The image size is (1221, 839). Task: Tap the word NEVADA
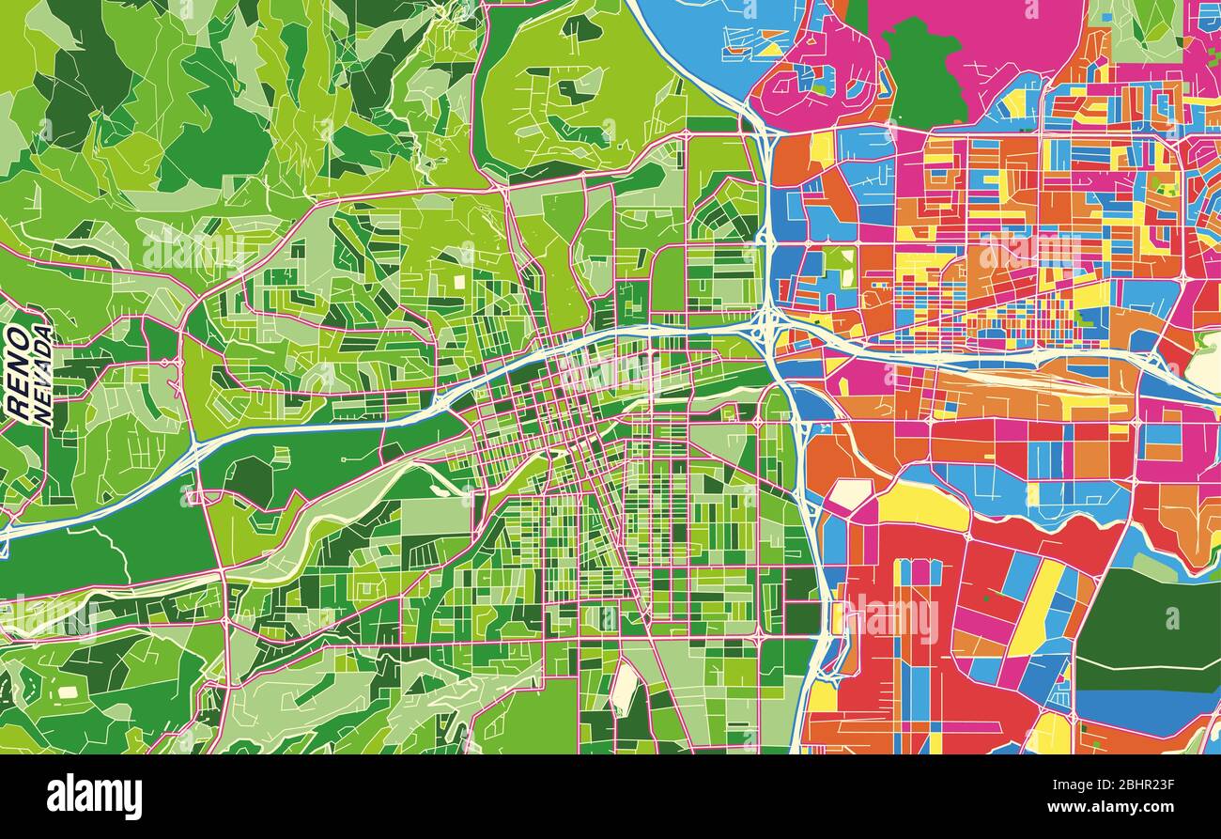coord(42,375)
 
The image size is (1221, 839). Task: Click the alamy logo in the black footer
coord(94,797)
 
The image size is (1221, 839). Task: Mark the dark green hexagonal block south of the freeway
coord(250,479)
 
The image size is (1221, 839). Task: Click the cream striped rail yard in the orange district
coord(1014,380)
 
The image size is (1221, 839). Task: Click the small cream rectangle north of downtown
coord(459,281)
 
